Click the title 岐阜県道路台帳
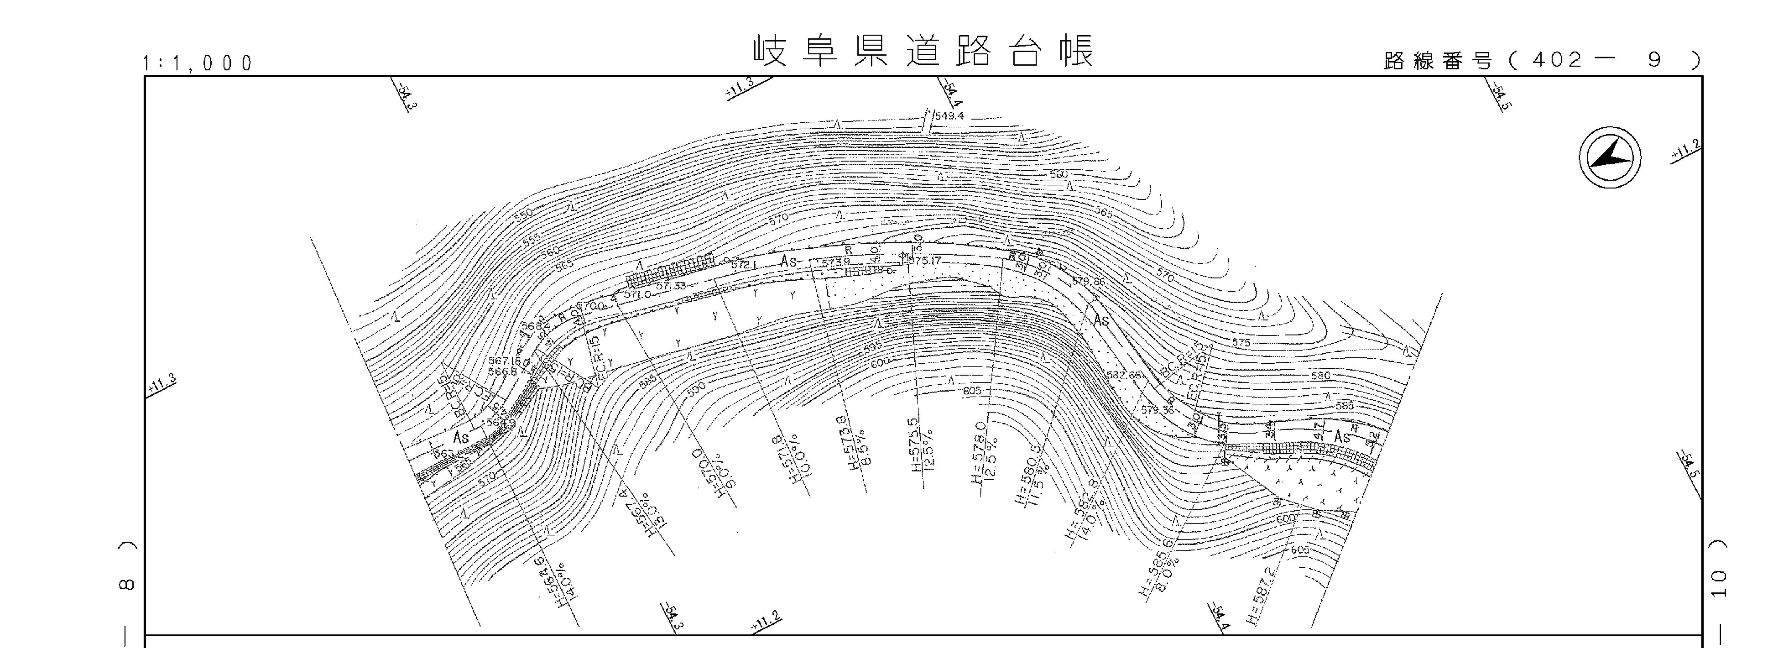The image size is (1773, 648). pyautogui.click(x=922, y=52)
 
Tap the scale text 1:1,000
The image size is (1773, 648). pyautogui.click(x=198, y=64)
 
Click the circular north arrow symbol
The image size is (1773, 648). pyautogui.click(x=1609, y=157)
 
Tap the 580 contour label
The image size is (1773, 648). pyautogui.click(x=1321, y=376)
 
